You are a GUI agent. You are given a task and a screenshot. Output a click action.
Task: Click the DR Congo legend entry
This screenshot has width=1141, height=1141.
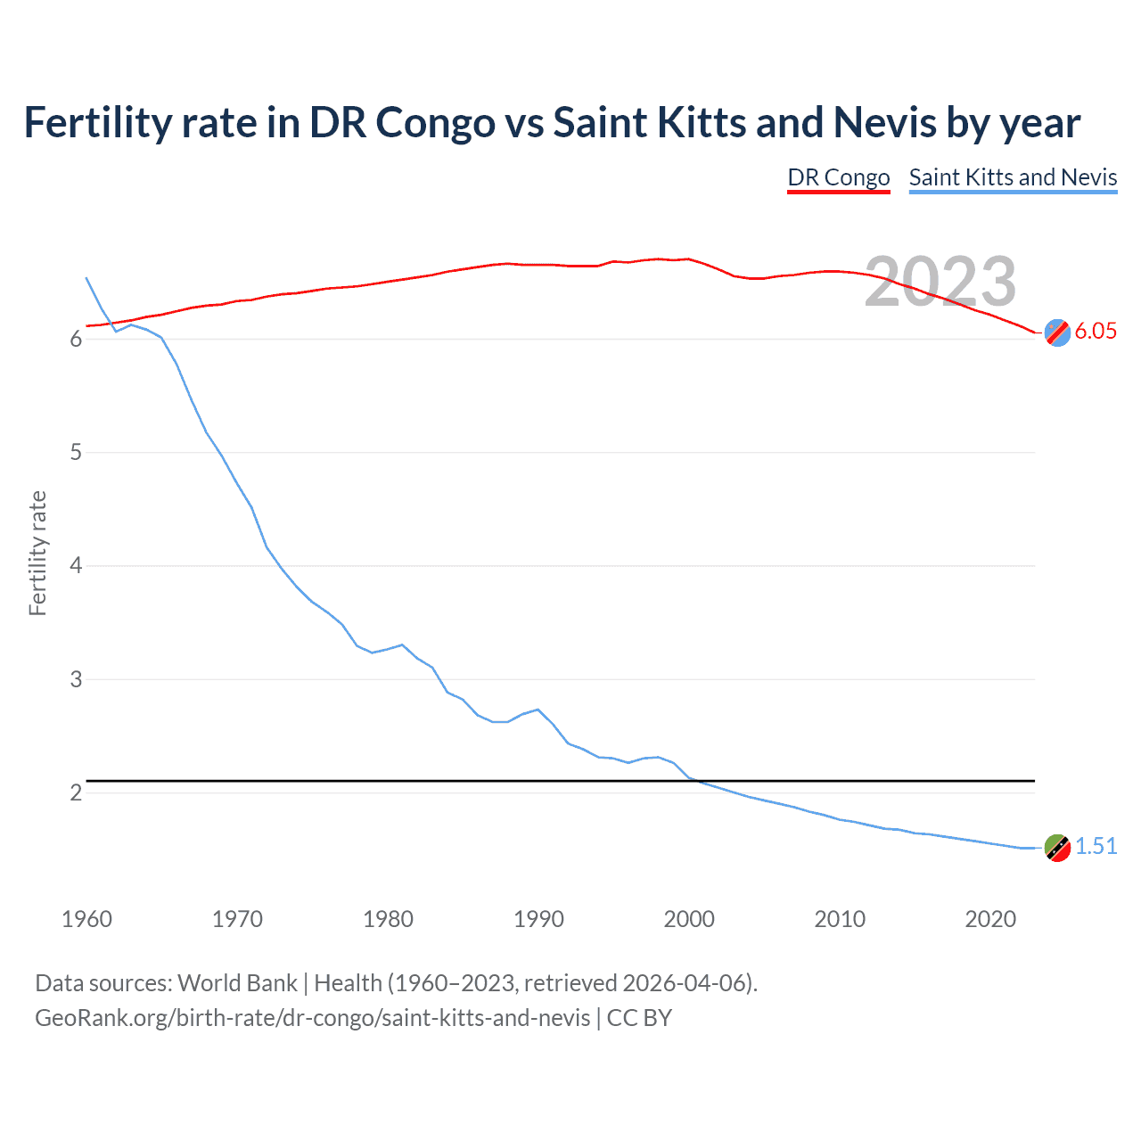(x=838, y=177)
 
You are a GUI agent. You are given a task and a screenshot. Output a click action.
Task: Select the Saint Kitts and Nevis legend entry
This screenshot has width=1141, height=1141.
(x=1013, y=177)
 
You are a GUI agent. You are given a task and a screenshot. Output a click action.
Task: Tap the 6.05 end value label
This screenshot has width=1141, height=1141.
(x=1096, y=331)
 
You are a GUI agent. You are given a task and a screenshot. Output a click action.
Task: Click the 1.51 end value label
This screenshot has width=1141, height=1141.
(x=1096, y=846)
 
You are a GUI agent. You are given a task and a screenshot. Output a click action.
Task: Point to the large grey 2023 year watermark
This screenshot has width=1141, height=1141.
(x=940, y=282)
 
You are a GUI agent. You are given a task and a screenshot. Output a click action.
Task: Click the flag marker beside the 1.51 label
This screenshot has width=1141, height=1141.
(x=1057, y=848)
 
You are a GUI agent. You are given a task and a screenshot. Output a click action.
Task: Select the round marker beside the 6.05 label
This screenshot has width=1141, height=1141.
(x=1057, y=332)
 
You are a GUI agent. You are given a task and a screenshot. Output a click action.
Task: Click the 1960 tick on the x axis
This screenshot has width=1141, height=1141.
(x=86, y=919)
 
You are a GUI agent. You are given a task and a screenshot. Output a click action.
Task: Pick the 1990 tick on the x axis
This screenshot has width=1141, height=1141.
(x=538, y=919)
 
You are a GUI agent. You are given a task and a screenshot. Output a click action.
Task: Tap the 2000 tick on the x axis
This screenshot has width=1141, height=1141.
(x=689, y=919)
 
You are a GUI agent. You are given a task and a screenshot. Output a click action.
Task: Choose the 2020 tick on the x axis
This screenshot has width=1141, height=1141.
(x=990, y=919)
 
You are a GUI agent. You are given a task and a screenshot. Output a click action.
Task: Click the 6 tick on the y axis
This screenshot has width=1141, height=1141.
(x=76, y=340)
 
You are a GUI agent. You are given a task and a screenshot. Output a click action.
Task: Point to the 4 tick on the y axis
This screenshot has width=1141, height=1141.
(x=76, y=566)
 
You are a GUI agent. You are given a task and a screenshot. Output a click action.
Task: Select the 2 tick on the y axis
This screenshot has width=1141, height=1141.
(x=76, y=792)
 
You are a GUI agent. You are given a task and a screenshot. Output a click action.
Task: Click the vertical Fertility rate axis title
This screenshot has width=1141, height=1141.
(x=37, y=553)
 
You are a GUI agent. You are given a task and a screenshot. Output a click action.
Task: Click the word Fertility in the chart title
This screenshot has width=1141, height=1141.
(x=97, y=122)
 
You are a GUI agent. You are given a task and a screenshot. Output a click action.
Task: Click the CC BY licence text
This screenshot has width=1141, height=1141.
(x=639, y=1018)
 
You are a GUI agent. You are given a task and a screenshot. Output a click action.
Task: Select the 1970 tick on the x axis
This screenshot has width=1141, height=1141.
(x=237, y=919)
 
